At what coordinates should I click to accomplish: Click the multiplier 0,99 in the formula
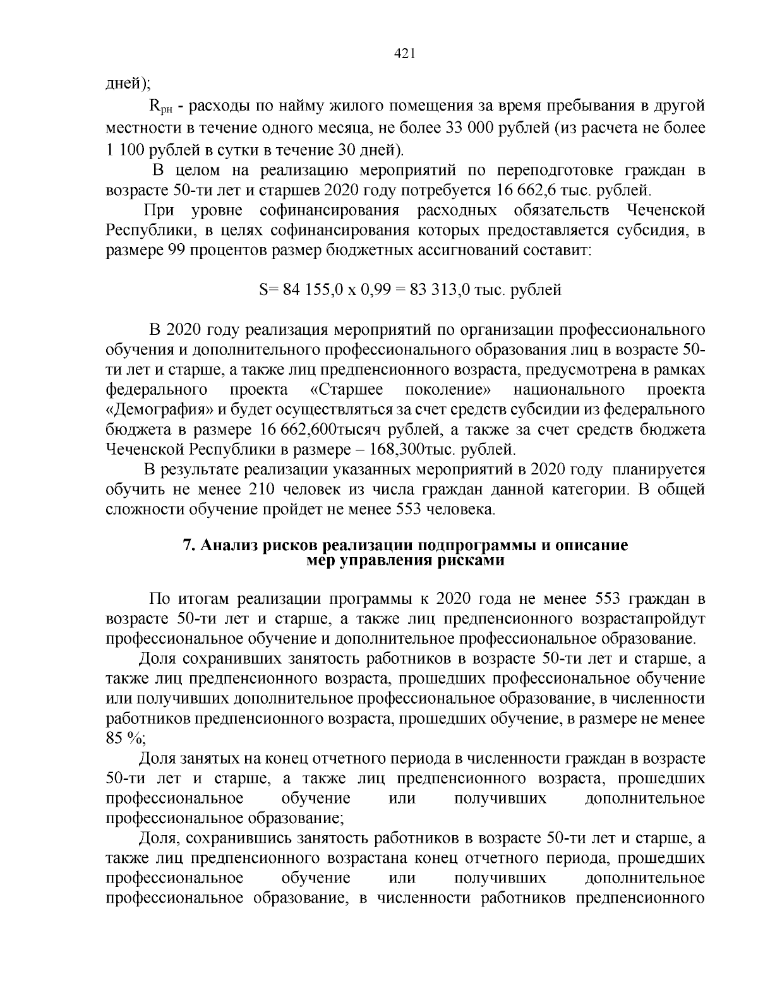379,290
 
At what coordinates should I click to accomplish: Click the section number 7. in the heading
188,546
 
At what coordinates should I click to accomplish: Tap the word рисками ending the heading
472,561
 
